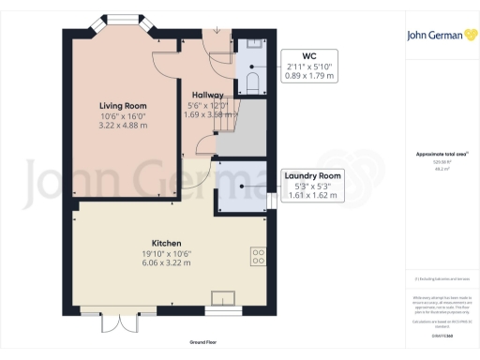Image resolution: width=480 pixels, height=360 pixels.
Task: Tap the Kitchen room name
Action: (140, 241)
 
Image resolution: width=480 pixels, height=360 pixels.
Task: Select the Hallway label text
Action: (206, 95)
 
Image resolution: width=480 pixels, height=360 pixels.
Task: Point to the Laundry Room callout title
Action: (313, 175)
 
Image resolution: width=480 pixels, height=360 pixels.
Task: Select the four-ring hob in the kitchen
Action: (257, 256)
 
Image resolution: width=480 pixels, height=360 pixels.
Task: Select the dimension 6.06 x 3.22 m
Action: (140, 262)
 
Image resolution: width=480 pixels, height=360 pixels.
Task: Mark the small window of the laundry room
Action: (271, 199)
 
